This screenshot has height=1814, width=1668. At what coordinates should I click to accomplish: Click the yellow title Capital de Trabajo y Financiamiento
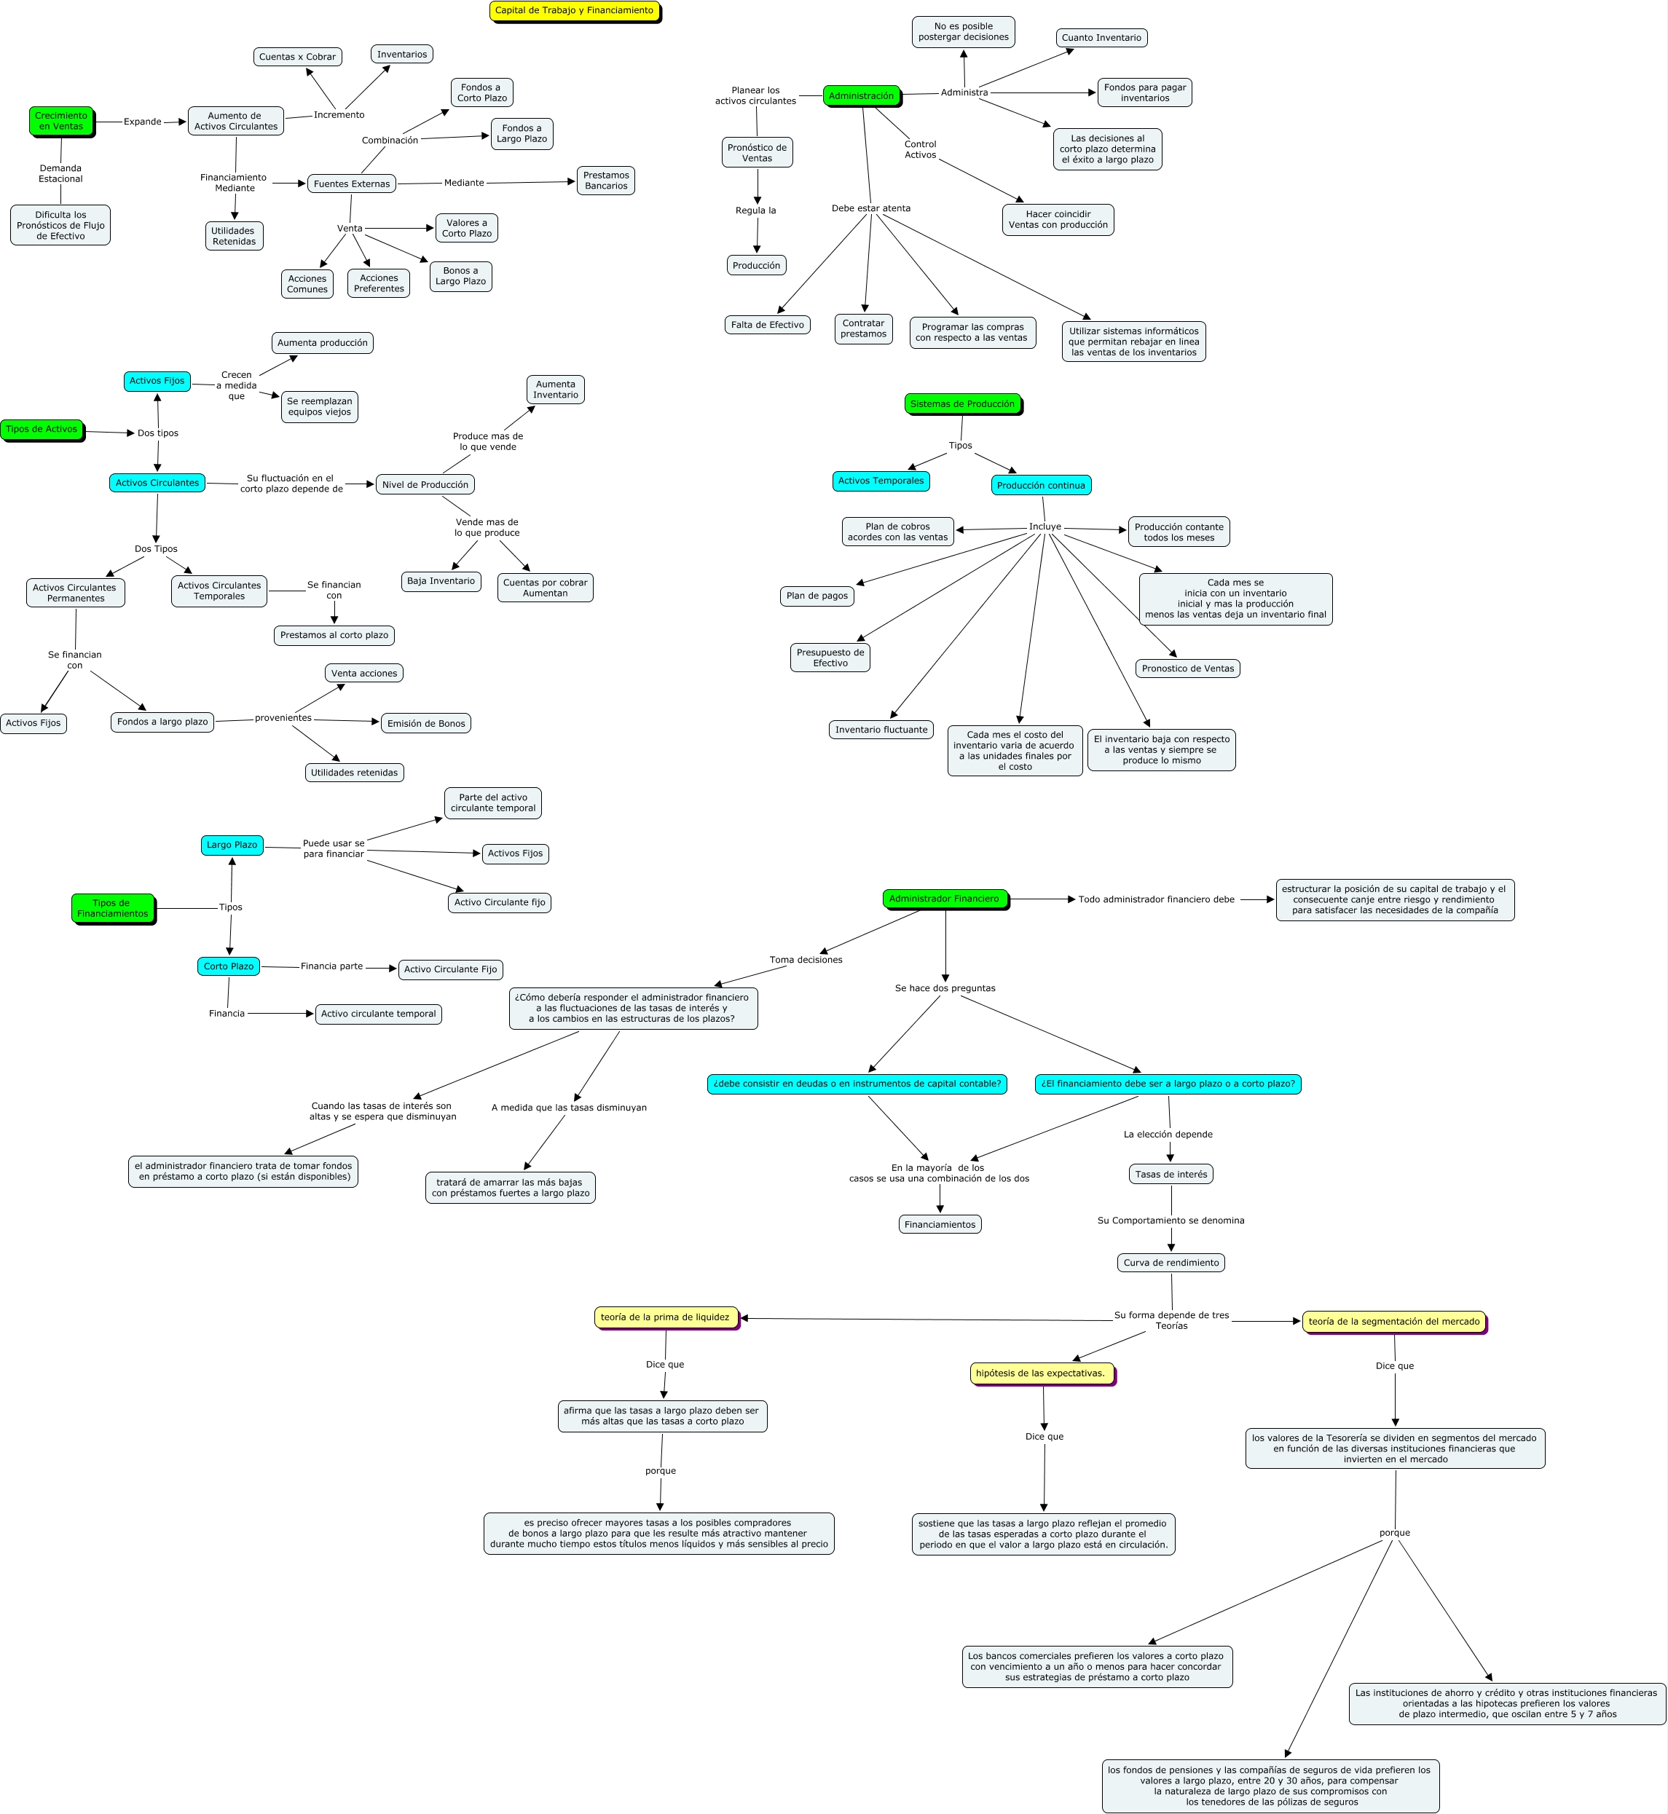tap(574, 11)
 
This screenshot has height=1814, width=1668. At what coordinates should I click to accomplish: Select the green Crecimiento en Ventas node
tap(61, 121)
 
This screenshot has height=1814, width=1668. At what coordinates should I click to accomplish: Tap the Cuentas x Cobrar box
tap(297, 57)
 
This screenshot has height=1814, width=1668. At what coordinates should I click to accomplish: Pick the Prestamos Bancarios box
tap(605, 181)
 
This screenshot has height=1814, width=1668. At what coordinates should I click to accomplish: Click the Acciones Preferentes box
tap(378, 283)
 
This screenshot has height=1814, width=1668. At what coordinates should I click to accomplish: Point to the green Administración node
tap(861, 95)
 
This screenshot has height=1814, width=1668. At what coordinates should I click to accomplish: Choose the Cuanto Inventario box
tap(1101, 38)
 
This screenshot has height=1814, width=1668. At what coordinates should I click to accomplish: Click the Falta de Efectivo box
tap(767, 325)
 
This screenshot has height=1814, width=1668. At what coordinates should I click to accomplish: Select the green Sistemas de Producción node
tap(962, 404)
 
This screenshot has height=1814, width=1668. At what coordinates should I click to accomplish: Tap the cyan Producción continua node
tap(1041, 486)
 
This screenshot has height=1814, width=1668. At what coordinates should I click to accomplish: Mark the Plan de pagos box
tap(817, 596)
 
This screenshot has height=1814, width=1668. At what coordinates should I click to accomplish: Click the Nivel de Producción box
tap(425, 485)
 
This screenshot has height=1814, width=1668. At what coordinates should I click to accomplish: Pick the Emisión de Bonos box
tap(426, 723)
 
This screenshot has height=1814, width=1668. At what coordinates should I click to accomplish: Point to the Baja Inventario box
tap(441, 581)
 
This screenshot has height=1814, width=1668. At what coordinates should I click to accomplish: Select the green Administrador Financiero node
tap(944, 899)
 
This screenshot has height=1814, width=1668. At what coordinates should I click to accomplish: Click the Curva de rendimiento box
tap(1171, 1263)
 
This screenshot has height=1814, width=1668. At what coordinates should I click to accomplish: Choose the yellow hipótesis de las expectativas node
tap(1041, 1373)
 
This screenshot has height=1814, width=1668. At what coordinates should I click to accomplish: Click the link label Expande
tap(143, 122)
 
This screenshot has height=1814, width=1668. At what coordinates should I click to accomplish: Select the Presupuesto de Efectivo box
tap(830, 657)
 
